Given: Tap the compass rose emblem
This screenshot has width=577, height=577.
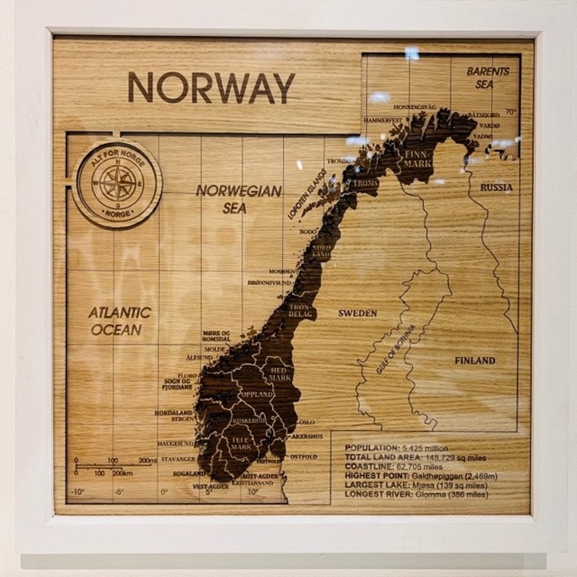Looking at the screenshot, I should click(117, 183).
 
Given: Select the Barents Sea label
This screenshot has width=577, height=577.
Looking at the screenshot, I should click(487, 77).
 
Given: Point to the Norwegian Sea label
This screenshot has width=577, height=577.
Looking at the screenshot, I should click(238, 199).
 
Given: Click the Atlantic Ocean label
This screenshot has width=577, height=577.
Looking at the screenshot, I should click(120, 321).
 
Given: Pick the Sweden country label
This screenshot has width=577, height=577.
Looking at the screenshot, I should click(357, 313).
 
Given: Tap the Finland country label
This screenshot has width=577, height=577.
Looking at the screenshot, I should click(474, 361).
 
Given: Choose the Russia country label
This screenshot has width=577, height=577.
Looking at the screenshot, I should click(496, 188).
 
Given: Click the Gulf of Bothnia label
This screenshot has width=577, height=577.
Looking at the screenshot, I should click(395, 349).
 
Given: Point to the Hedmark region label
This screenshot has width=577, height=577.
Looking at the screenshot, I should click(280, 374).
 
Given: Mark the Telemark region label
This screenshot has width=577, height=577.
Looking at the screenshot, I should click(241, 443).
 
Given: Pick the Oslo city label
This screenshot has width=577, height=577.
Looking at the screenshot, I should click(306, 422).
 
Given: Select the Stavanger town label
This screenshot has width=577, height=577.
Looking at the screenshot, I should click(178, 459).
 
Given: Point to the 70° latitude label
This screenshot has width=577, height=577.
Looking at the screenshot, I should click(511, 112).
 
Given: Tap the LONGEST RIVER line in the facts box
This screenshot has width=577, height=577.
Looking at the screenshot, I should click(416, 494).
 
